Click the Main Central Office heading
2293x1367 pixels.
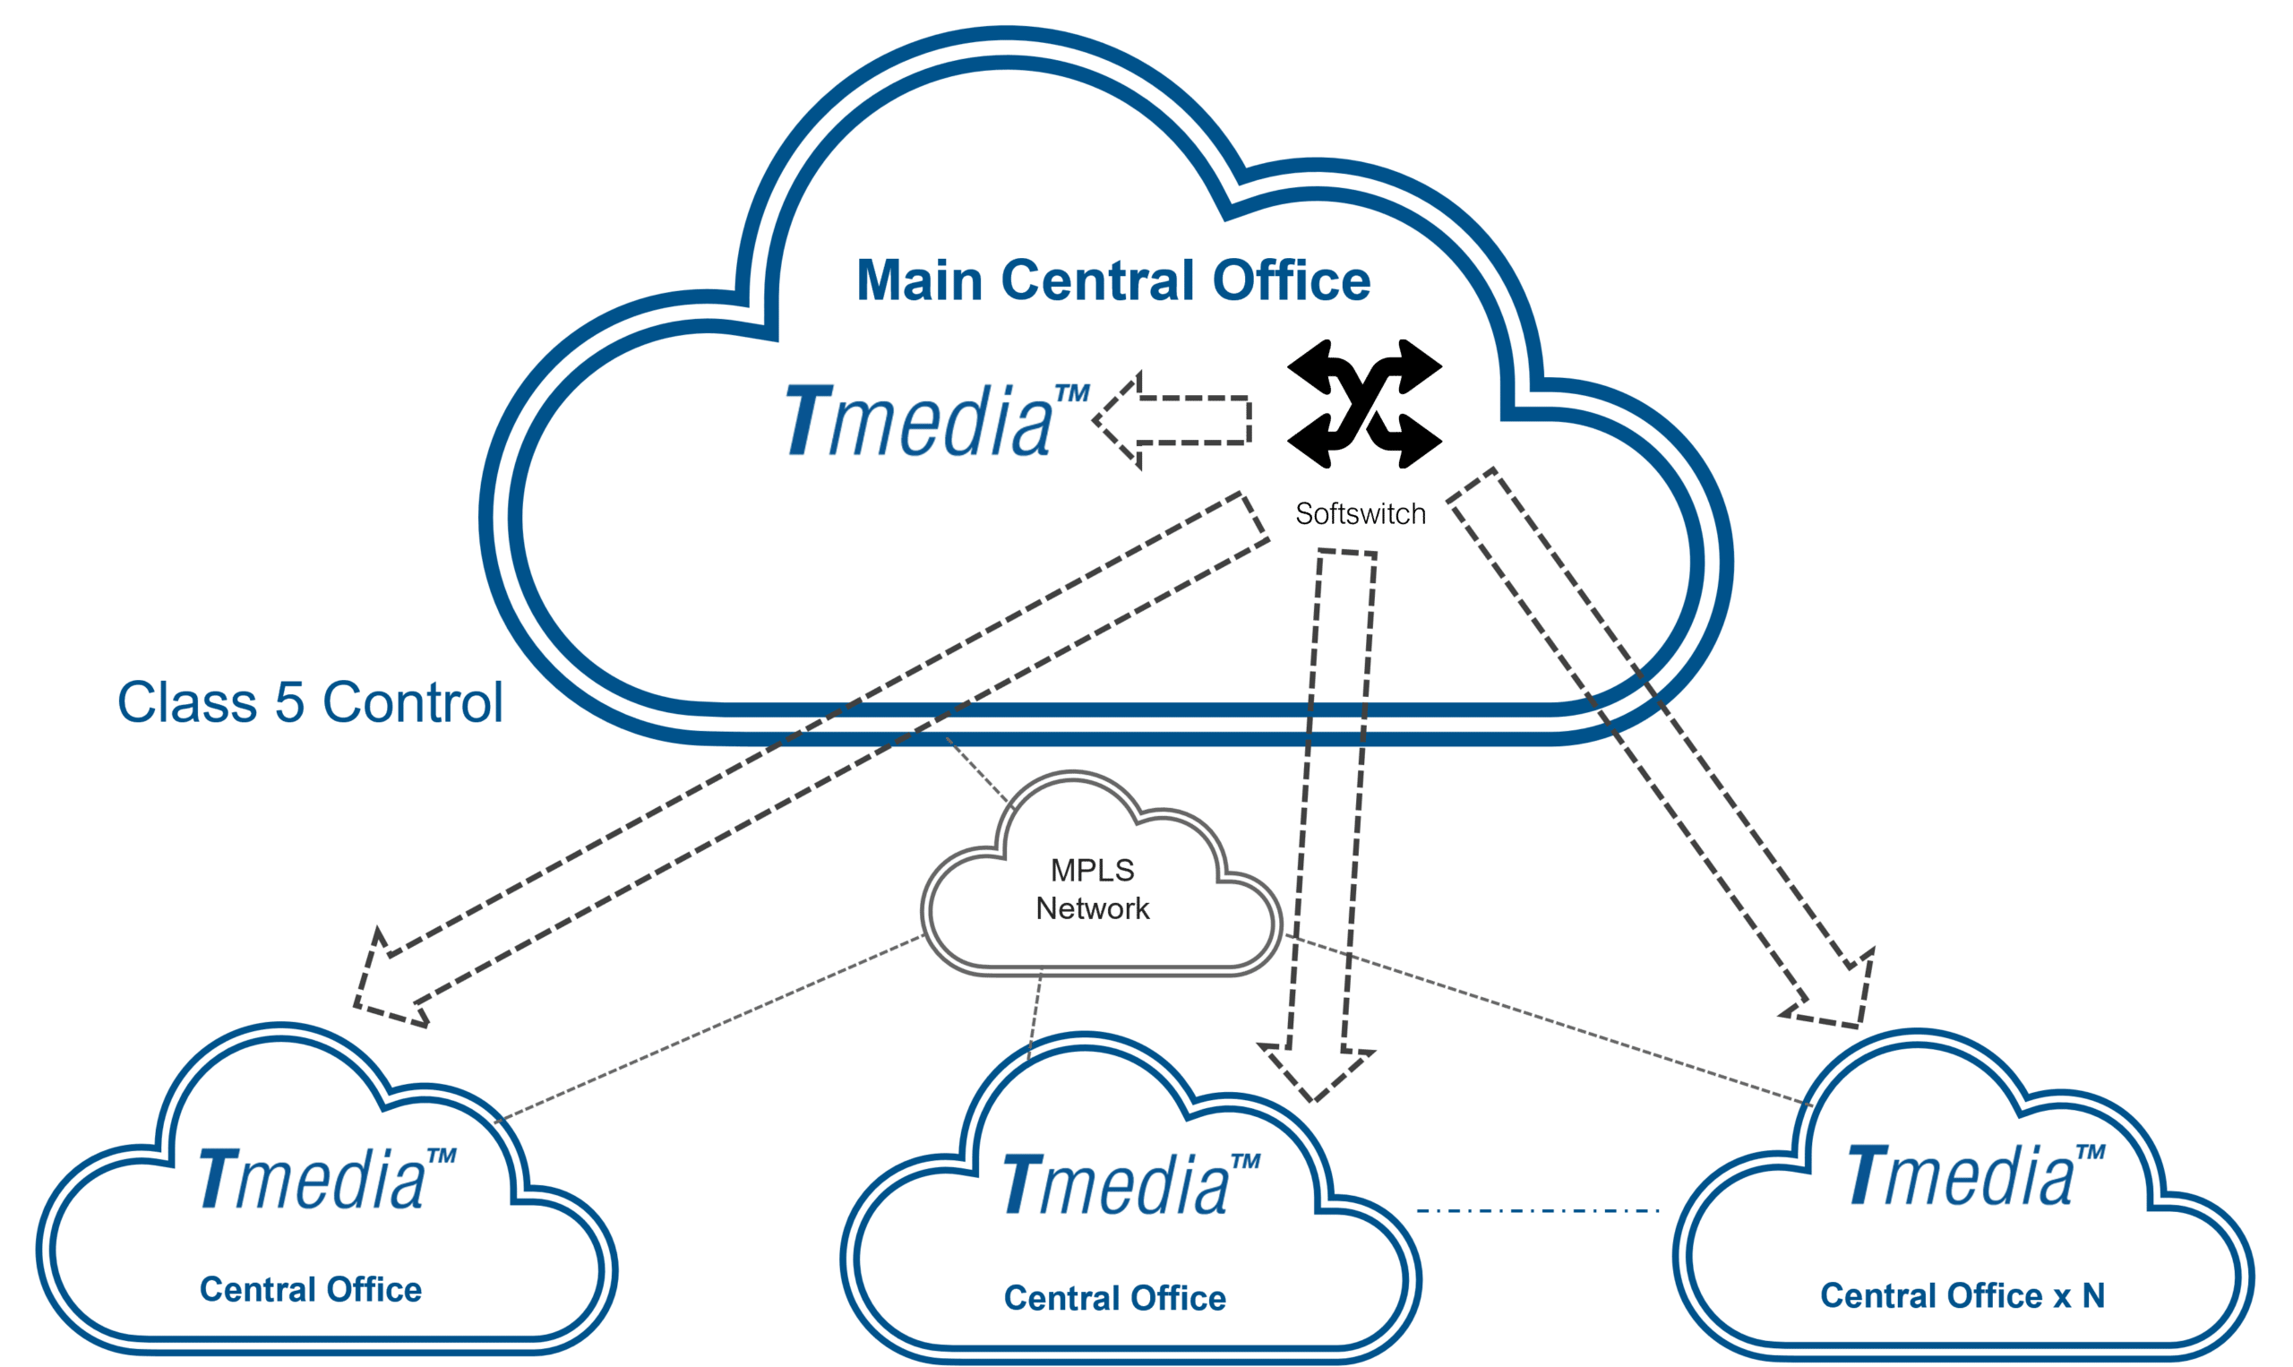pyautogui.click(x=1113, y=280)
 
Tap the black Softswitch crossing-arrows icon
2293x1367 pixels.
pyautogui.click(x=1364, y=403)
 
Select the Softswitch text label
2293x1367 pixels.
pyautogui.click(x=1361, y=514)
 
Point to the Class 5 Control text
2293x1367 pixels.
pyautogui.click(x=309, y=703)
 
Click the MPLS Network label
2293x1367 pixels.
pyautogui.click(x=1092, y=890)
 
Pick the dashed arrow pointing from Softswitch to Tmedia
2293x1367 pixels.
pyautogui.click(x=1172, y=420)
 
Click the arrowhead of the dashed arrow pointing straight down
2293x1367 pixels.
pyautogui.click(x=1315, y=1073)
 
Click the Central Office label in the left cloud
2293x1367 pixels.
pyautogui.click(x=310, y=1290)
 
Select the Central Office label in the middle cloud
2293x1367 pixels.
pyautogui.click(x=1114, y=1298)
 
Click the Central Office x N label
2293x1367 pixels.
pyautogui.click(x=1962, y=1295)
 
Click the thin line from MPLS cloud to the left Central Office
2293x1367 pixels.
pyautogui.click(x=709, y=1030)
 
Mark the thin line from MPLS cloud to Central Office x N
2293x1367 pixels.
pyautogui.click(x=1547, y=1020)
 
